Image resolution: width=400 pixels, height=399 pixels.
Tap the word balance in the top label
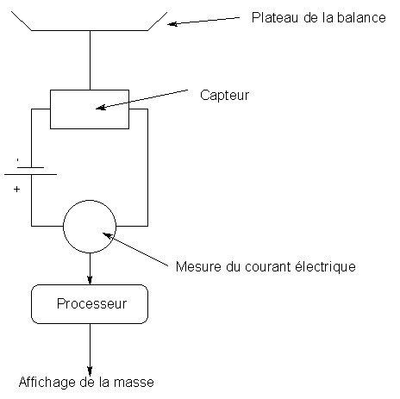click(361, 17)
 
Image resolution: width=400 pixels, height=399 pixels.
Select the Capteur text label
click(224, 95)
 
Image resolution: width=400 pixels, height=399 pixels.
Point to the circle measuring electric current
click(63, 227)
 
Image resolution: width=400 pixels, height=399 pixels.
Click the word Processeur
click(91, 303)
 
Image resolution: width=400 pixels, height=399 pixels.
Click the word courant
click(268, 267)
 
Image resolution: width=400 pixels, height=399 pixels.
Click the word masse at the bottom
click(134, 383)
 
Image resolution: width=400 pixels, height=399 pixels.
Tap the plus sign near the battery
click(16, 189)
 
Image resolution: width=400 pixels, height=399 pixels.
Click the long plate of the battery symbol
click(30, 174)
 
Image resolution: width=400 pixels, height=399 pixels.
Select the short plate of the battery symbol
click(30, 167)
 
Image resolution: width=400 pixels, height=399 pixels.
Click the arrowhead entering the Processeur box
click(90, 280)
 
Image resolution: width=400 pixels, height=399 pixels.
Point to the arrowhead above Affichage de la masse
click(90, 371)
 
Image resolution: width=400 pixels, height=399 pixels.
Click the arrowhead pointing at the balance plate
click(172, 24)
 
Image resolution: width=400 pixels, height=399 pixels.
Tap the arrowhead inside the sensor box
click(101, 107)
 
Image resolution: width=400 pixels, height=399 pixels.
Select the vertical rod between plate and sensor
click(90, 60)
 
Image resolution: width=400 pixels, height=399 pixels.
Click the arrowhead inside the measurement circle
click(108, 236)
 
